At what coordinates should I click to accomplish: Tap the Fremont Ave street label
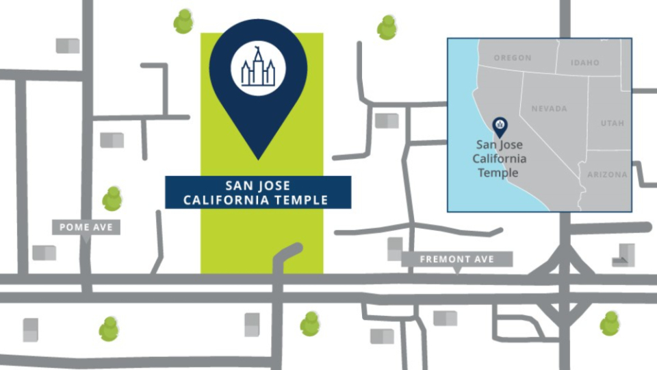[457, 260]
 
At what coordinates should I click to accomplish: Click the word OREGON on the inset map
[513, 58]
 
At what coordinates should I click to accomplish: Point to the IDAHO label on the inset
[585, 63]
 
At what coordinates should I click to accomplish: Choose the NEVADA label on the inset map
[549, 109]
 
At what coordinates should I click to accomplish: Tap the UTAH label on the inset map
[613, 123]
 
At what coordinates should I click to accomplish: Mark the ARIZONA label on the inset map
[607, 175]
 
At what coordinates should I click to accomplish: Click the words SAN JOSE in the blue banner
[258, 186]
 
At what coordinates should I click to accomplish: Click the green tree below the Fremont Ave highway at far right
[609, 323]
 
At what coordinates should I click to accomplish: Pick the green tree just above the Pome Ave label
[112, 199]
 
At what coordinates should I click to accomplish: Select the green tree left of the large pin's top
[183, 21]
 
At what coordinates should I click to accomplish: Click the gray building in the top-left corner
[68, 46]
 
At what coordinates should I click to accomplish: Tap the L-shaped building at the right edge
[623, 254]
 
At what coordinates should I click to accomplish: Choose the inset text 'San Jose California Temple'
[502, 160]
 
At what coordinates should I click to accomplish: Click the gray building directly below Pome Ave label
[44, 253]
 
